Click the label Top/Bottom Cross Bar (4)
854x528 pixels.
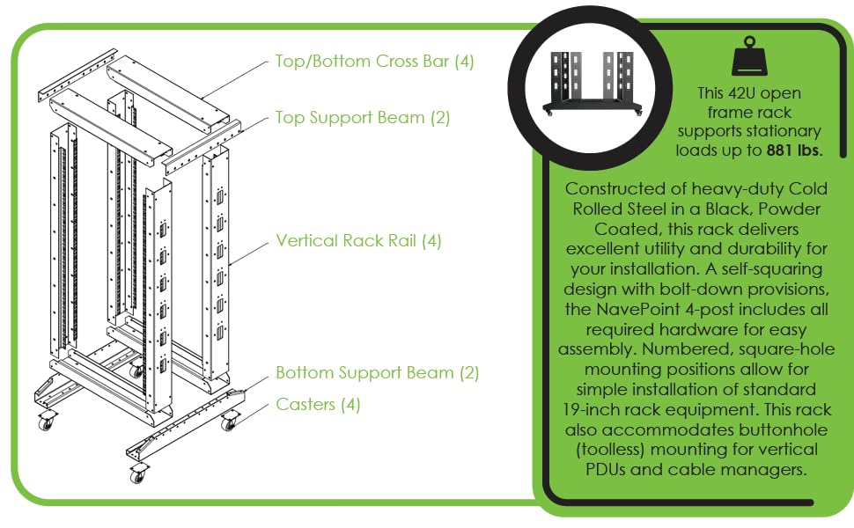375,62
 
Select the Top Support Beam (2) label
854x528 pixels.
363,118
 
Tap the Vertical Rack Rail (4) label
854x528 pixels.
358,240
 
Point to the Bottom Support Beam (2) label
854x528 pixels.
377,373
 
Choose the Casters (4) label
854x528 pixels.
318,405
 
